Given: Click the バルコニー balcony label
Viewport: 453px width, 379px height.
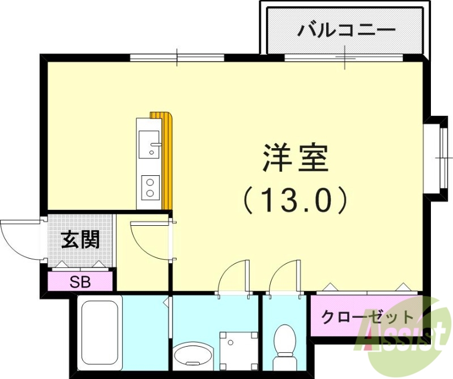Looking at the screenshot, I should (346, 28).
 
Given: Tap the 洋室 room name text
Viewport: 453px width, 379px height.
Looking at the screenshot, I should (296, 159).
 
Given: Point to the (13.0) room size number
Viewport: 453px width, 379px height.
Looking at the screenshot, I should (296, 200).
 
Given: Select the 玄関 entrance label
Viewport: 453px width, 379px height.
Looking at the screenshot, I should (80, 240).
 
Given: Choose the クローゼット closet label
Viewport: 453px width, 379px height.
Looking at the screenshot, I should (360, 317).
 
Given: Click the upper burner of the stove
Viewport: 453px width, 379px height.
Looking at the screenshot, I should (151, 182).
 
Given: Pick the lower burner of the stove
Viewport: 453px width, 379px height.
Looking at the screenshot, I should (151, 193).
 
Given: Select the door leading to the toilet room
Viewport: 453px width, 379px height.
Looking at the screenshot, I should (285, 278).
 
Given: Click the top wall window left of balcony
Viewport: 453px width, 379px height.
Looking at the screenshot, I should (177, 57).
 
